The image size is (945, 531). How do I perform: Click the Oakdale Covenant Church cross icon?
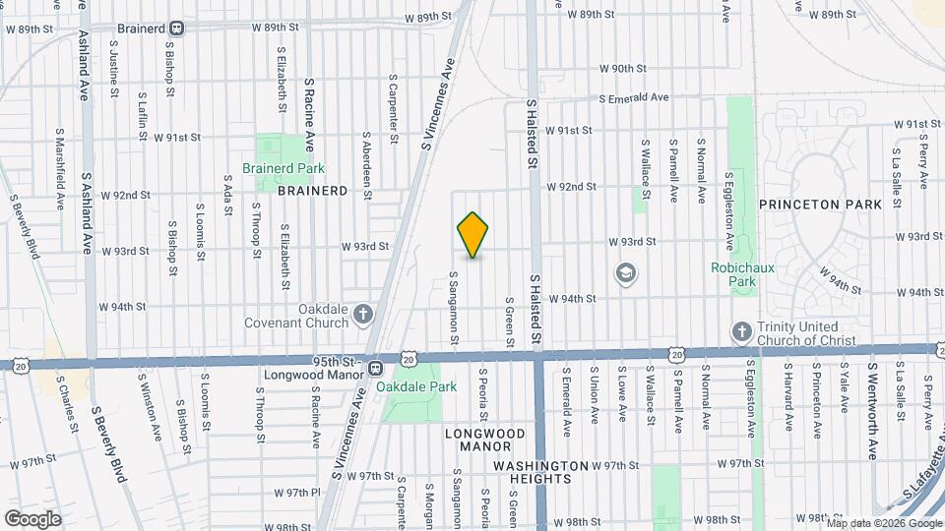[x=363, y=315]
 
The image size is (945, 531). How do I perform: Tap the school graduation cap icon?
[x=624, y=272]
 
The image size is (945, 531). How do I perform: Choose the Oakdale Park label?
[x=424, y=386]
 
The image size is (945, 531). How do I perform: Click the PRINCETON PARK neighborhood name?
[x=813, y=204]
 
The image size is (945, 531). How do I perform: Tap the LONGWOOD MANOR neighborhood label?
[x=484, y=440]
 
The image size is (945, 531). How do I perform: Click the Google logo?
[x=32, y=518]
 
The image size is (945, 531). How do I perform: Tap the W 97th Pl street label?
[x=298, y=492]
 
